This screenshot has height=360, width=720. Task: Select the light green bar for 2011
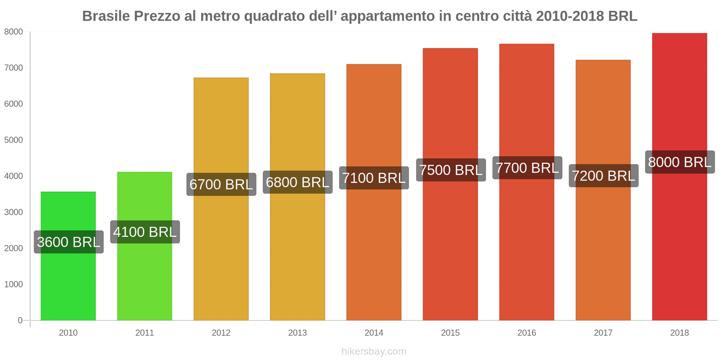click(144, 279)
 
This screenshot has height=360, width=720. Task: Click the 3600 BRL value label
click(68, 242)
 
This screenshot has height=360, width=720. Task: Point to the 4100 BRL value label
click(145, 232)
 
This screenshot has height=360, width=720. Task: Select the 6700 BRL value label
click(221, 184)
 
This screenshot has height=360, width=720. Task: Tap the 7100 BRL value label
click(374, 178)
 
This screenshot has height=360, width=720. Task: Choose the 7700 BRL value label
click(527, 168)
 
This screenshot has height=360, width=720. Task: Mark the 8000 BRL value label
click(679, 162)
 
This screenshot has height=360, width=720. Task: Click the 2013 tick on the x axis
click(297, 333)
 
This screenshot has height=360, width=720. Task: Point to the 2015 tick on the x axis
click(450, 333)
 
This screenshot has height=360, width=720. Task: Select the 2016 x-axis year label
click(526, 333)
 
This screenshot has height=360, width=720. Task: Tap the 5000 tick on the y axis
click(13, 140)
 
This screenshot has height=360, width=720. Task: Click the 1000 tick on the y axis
click(13, 284)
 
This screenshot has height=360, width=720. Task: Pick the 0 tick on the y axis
click(20, 320)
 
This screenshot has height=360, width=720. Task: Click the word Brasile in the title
click(106, 16)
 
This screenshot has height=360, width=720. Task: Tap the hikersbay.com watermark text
click(373, 351)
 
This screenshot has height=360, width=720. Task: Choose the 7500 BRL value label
click(450, 170)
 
